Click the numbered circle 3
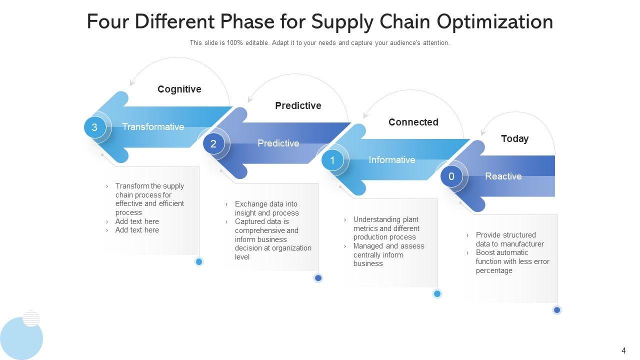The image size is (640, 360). coord(94,127)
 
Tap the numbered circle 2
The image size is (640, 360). coord(213,144)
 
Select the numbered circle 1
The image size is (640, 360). coord(332,160)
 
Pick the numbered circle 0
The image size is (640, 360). coord(451,176)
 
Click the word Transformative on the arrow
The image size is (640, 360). coord(153,127)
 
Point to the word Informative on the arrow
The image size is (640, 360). coord(391,160)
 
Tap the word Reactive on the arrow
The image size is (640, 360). coord(503,176)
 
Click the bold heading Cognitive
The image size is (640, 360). coord(179,89)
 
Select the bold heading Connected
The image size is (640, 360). coord(413,122)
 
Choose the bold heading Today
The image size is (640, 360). coord(514,139)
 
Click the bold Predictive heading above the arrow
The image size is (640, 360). coord(298,106)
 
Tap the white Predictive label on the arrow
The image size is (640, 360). coord(278,143)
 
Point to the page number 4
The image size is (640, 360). coord(623,350)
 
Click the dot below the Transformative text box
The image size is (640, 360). coord(199,261)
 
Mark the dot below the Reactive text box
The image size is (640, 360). coord(557,310)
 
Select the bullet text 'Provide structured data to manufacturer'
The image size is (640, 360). coord(509,239)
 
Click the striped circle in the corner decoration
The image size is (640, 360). coord(31,318)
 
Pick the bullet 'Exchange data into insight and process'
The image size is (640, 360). coord(266,208)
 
